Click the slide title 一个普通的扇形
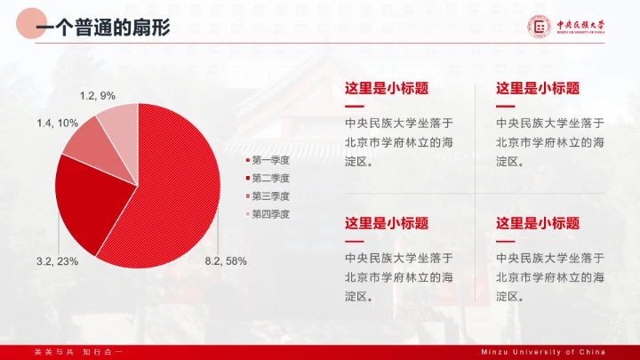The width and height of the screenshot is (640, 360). (x=102, y=28)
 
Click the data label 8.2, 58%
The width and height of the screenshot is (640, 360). (x=226, y=261)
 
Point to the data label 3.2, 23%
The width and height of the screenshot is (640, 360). (x=57, y=261)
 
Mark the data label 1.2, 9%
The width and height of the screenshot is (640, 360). (x=98, y=95)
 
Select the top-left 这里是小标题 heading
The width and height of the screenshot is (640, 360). (x=387, y=88)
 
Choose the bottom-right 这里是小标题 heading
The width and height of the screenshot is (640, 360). (x=538, y=223)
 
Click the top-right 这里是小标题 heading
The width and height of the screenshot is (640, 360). (x=538, y=88)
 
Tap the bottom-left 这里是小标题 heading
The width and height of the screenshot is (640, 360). (x=387, y=223)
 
